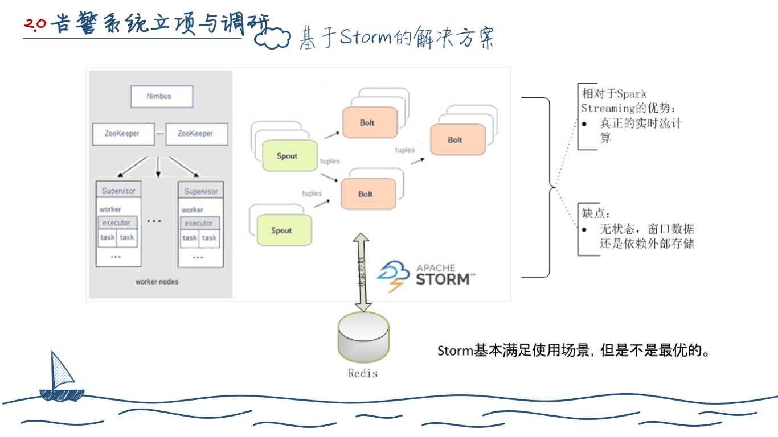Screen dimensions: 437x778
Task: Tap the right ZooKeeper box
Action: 196,134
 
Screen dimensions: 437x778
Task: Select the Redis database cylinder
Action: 363,337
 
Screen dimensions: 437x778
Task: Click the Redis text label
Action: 363,373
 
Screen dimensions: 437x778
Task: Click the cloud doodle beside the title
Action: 272,38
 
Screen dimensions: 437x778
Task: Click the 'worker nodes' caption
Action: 157,282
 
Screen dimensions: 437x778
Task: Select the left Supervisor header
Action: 118,191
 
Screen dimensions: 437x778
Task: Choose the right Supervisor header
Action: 200,192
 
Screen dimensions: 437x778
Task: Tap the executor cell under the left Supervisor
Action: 117,223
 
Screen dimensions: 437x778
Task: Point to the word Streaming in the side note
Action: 608,108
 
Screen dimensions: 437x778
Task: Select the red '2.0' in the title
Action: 35,25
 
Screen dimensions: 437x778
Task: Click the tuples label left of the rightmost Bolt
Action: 405,150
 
